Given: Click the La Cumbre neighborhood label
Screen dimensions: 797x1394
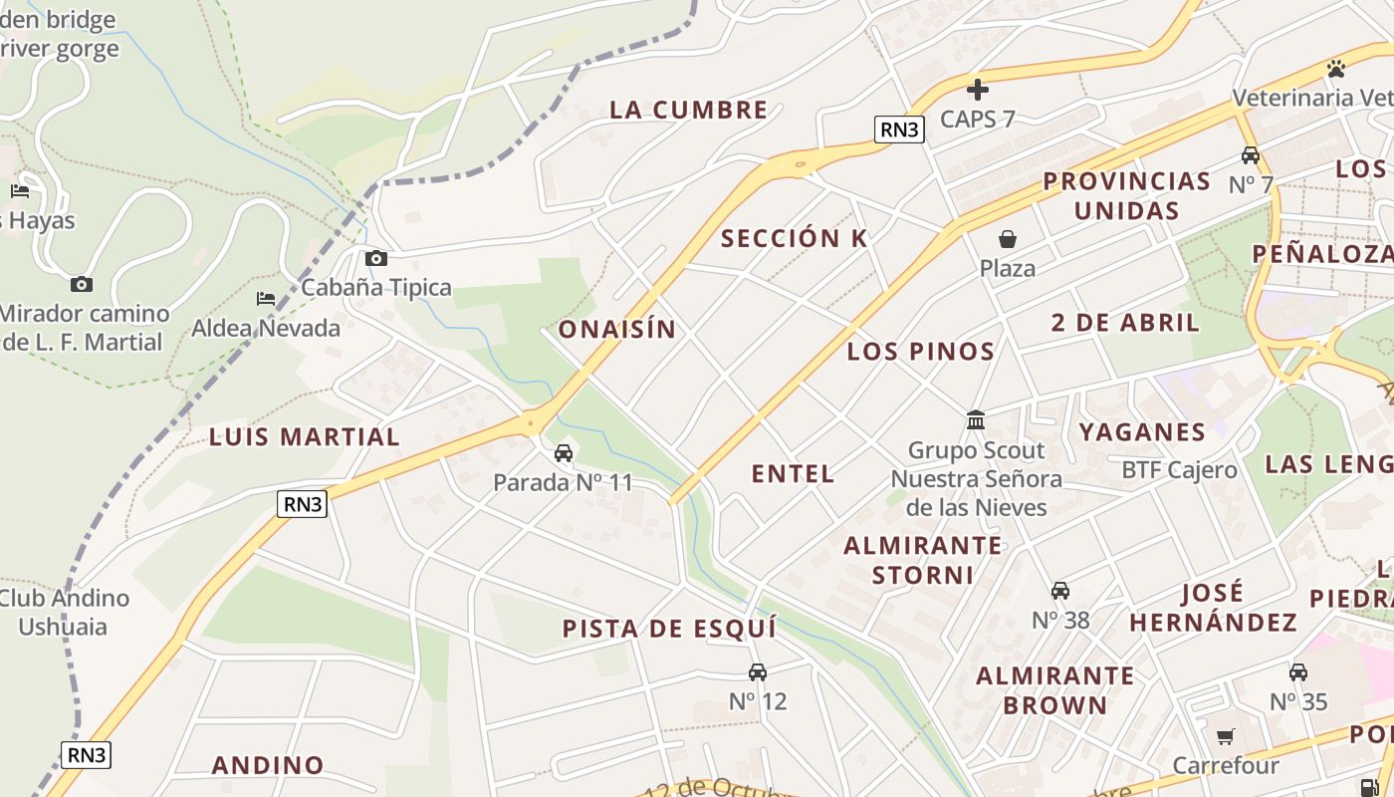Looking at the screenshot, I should click(688, 110).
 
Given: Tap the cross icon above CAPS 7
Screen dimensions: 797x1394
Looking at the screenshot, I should click(978, 90).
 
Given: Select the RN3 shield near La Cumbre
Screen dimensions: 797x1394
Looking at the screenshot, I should click(899, 129).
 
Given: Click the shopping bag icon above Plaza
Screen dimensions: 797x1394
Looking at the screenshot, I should click(1008, 239).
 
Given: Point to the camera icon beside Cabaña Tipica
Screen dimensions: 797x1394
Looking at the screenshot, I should click(376, 259).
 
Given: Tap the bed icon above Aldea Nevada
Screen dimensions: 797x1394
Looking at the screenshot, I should click(266, 299).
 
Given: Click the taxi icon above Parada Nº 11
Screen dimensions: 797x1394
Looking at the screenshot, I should click(564, 454).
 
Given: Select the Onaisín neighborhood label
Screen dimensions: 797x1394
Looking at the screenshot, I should click(616, 329).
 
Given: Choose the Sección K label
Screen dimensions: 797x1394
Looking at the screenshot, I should click(794, 238).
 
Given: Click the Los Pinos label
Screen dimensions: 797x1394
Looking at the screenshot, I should click(920, 351).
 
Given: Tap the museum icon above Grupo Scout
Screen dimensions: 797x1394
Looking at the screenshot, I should click(976, 420).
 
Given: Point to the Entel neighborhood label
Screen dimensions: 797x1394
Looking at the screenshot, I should click(793, 474).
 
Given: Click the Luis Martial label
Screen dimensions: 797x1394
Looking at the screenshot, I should click(304, 436).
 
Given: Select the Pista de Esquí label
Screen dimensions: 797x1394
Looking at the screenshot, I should click(669, 629).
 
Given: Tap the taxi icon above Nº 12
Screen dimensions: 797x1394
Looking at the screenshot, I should click(758, 672).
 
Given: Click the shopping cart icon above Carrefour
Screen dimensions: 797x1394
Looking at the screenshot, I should click(1225, 737).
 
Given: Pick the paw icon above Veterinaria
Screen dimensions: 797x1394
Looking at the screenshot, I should click(1335, 69).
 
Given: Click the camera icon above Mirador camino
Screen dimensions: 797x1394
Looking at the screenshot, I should click(82, 285).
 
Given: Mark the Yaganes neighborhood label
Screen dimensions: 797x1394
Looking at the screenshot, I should click(1142, 431).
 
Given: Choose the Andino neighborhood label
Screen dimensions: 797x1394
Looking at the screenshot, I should click(268, 765).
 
